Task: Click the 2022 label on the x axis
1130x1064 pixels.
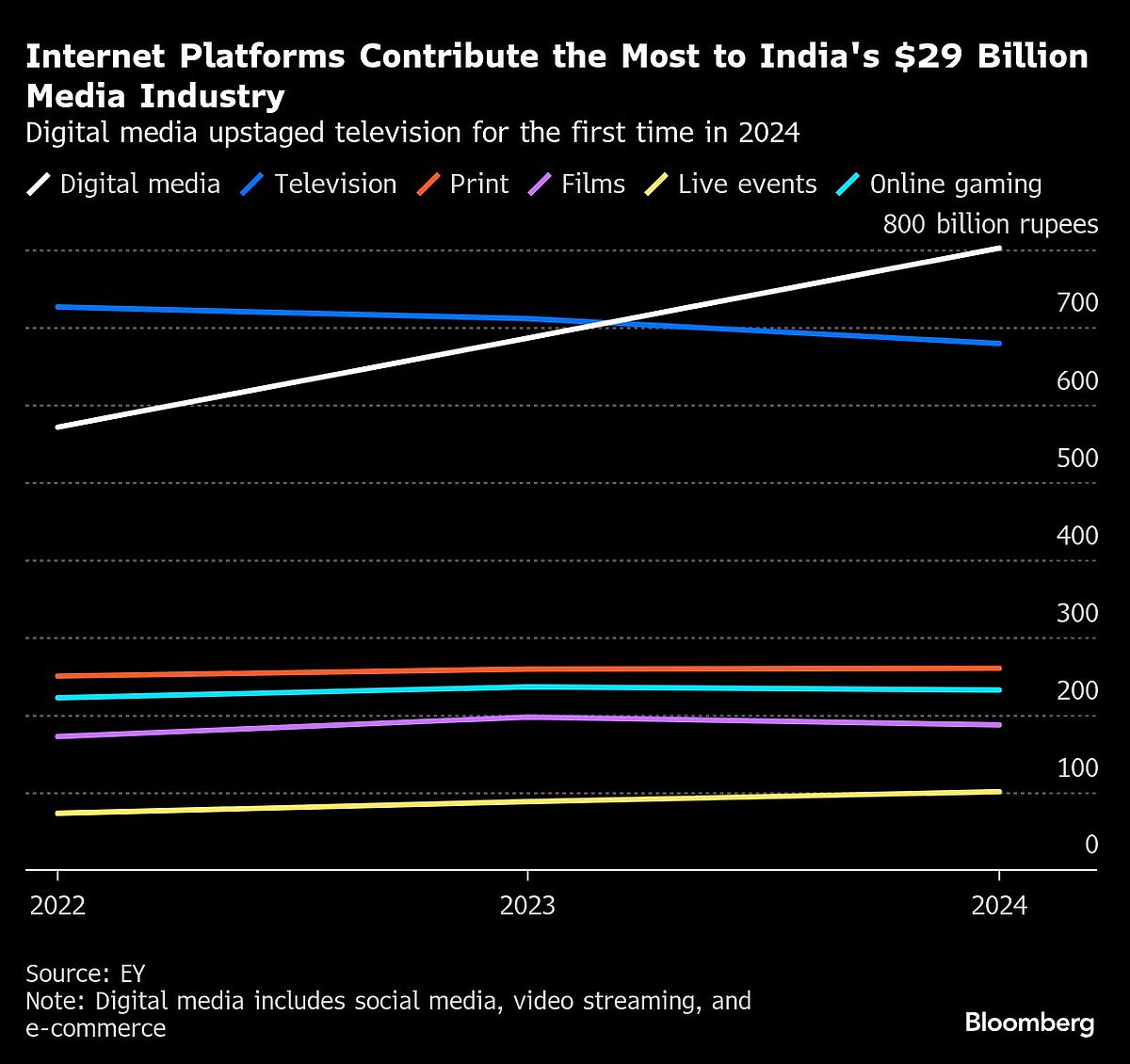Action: pos(57,906)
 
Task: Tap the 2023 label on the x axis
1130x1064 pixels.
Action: pos(527,906)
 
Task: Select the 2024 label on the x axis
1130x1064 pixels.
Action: pos(999,906)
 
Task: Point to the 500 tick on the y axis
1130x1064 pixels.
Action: pos(1077,458)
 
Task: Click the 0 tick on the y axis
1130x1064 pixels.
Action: pos(1091,845)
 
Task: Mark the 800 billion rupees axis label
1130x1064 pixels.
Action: pos(990,224)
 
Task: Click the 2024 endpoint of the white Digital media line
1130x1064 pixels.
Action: pos(999,249)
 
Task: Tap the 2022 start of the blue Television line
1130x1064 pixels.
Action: pos(57,307)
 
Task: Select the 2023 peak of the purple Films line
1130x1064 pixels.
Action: pos(527,717)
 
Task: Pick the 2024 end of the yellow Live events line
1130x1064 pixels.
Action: pos(999,792)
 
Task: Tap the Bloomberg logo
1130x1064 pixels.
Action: pos(1029,1023)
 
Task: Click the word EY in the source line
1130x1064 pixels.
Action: pos(133,973)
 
